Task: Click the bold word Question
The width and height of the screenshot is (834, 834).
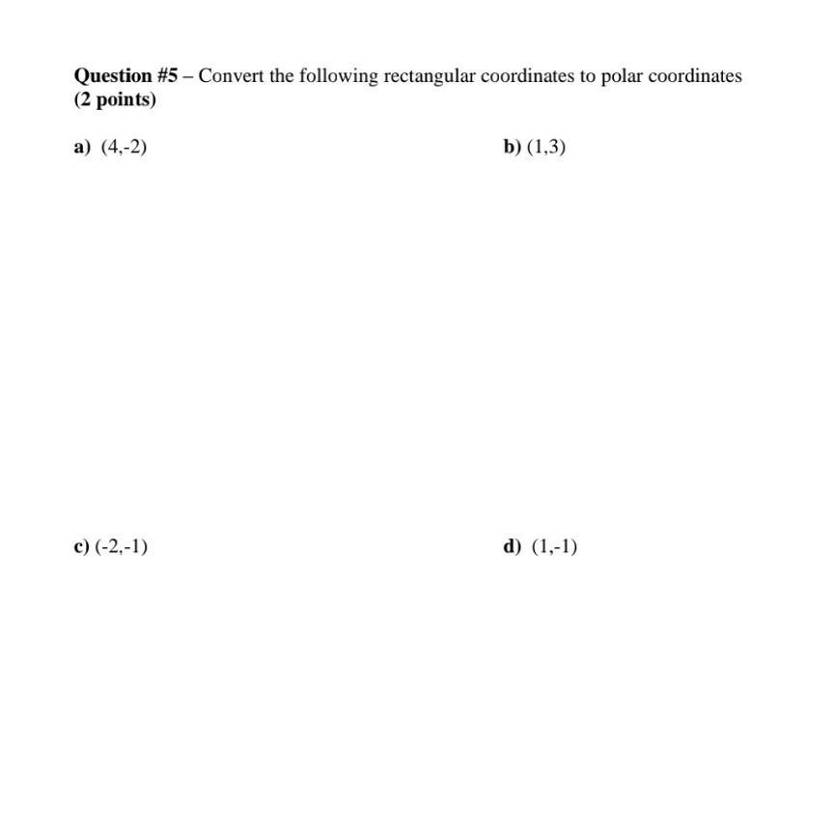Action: click(x=113, y=76)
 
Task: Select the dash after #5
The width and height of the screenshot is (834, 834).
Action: click(x=188, y=76)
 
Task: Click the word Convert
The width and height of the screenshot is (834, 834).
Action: click(x=232, y=76)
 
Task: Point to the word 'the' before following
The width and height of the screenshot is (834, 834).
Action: click(x=282, y=76)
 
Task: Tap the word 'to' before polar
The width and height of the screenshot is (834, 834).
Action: click(x=588, y=76)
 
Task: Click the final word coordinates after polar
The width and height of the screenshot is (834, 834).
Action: click(x=695, y=76)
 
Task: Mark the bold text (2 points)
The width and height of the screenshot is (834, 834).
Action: click(x=115, y=100)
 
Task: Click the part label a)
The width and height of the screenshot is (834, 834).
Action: click(x=81, y=147)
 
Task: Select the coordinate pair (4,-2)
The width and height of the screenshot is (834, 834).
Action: click(x=124, y=147)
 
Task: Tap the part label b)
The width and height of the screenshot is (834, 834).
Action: click(x=512, y=147)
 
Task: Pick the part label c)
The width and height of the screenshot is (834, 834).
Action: click(x=81, y=547)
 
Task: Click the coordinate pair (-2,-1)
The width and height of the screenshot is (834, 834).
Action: click(x=122, y=547)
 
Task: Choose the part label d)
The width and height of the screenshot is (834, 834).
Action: click(x=512, y=547)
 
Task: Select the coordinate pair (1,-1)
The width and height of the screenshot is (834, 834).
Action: click(x=554, y=547)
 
